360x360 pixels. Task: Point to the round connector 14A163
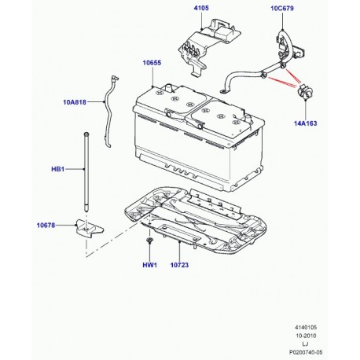point(302,95)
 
